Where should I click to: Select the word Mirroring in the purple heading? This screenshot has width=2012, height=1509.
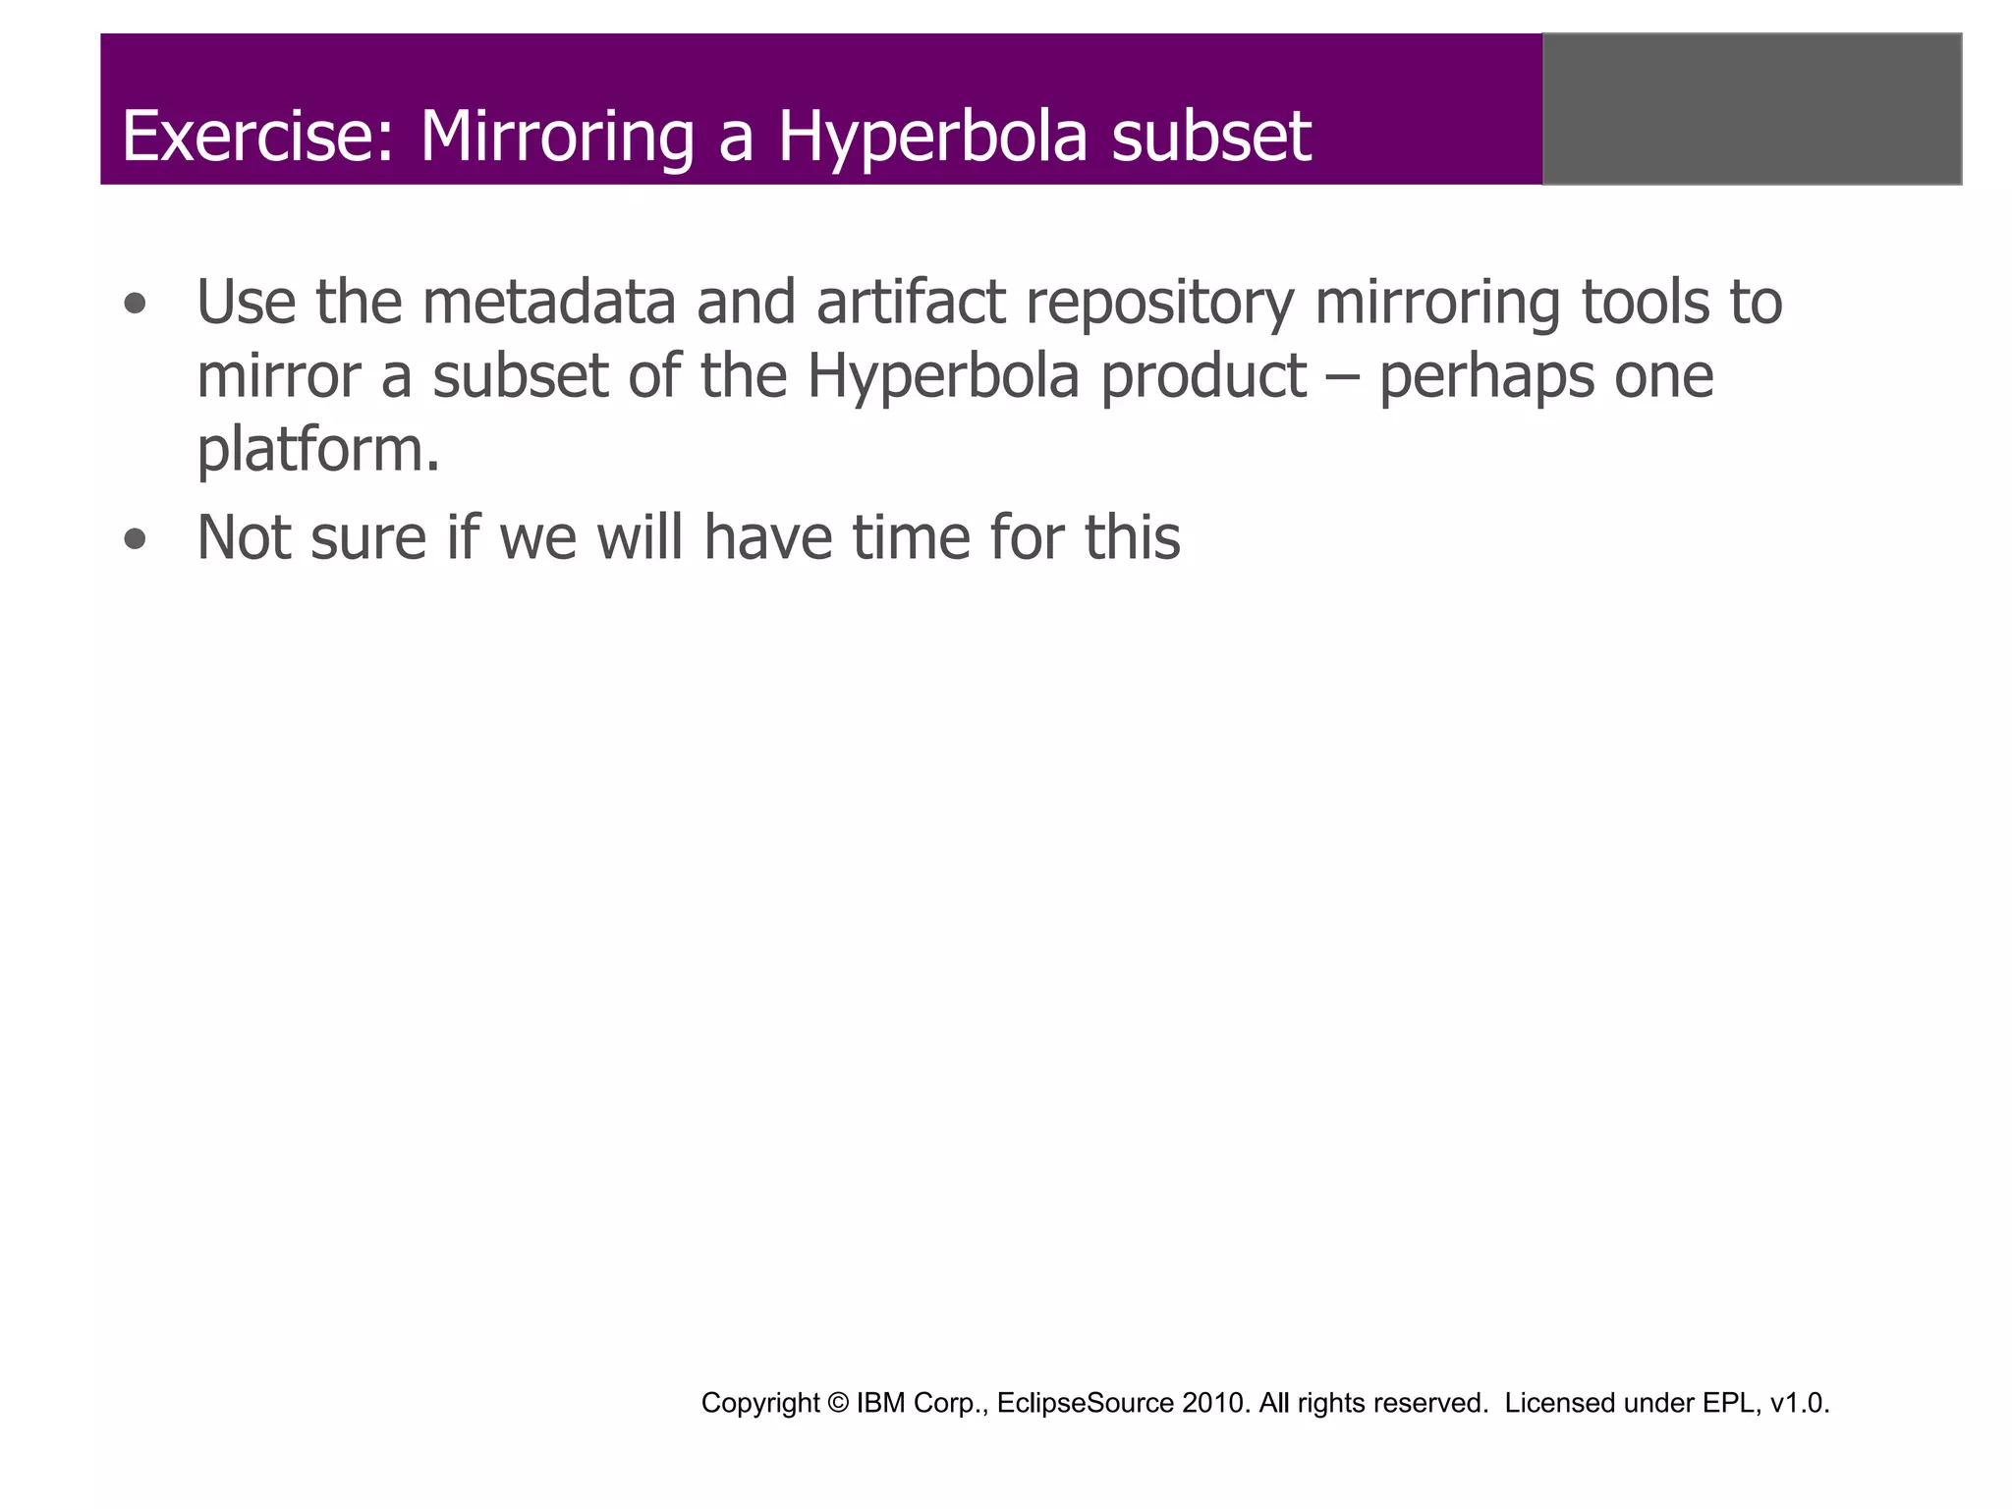[x=557, y=138]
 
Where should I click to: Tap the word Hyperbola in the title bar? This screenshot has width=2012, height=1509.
[x=932, y=138]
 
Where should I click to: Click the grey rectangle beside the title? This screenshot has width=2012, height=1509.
[x=1752, y=109]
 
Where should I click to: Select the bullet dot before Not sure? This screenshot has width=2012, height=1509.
[x=136, y=540]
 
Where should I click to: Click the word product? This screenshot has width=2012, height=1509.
[x=1202, y=377]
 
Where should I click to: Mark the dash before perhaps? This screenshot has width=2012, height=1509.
[x=1342, y=377]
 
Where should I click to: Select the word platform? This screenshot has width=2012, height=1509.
[x=316, y=450]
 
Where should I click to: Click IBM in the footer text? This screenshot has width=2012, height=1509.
[x=881, y=1403]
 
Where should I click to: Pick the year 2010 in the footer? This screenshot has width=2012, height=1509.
[x=1215, y=1403]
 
